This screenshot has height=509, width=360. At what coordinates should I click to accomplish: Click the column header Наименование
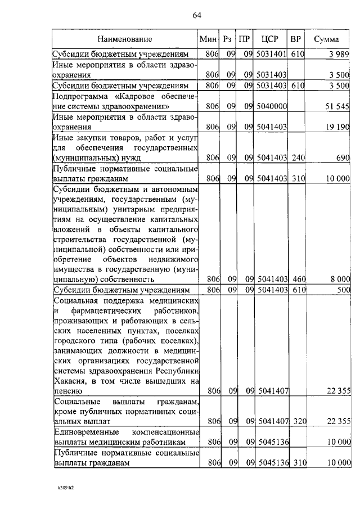[124, 40]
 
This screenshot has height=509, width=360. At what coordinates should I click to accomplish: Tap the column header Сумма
[326, 40]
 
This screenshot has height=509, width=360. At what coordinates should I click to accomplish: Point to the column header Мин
[209, 40]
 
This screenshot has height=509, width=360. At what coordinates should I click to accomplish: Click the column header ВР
[295, 40]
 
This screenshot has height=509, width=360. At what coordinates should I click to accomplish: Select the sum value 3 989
[340, 55]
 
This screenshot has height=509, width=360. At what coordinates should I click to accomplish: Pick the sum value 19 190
[337, 127]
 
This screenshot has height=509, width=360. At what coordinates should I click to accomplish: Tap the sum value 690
[343, 159]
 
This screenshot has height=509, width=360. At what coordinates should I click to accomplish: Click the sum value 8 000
[340, 279]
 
